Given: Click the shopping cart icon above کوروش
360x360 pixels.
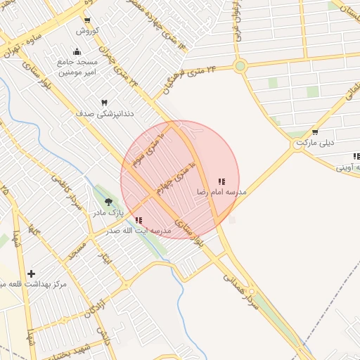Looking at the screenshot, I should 87,20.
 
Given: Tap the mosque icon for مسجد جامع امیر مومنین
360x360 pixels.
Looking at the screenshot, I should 77,52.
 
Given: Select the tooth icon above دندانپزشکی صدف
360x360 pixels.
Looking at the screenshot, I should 105,103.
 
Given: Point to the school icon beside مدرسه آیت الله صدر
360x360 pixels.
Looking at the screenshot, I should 139,220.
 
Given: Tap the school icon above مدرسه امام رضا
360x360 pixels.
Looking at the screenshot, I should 221,181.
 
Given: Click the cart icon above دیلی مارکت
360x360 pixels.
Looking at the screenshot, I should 315,132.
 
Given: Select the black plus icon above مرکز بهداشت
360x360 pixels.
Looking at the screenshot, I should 31,273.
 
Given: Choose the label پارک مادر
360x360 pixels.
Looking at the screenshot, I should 110,212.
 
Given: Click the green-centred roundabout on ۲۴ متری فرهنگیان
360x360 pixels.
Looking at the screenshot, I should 240,67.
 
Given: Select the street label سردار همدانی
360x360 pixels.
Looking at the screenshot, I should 242,281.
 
